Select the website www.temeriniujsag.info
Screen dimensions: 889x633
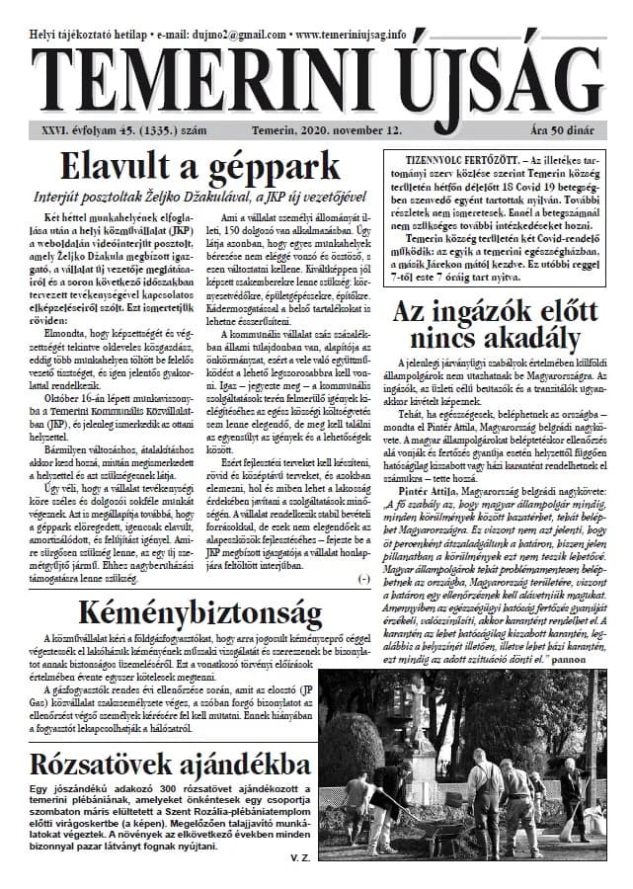(352, 34)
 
